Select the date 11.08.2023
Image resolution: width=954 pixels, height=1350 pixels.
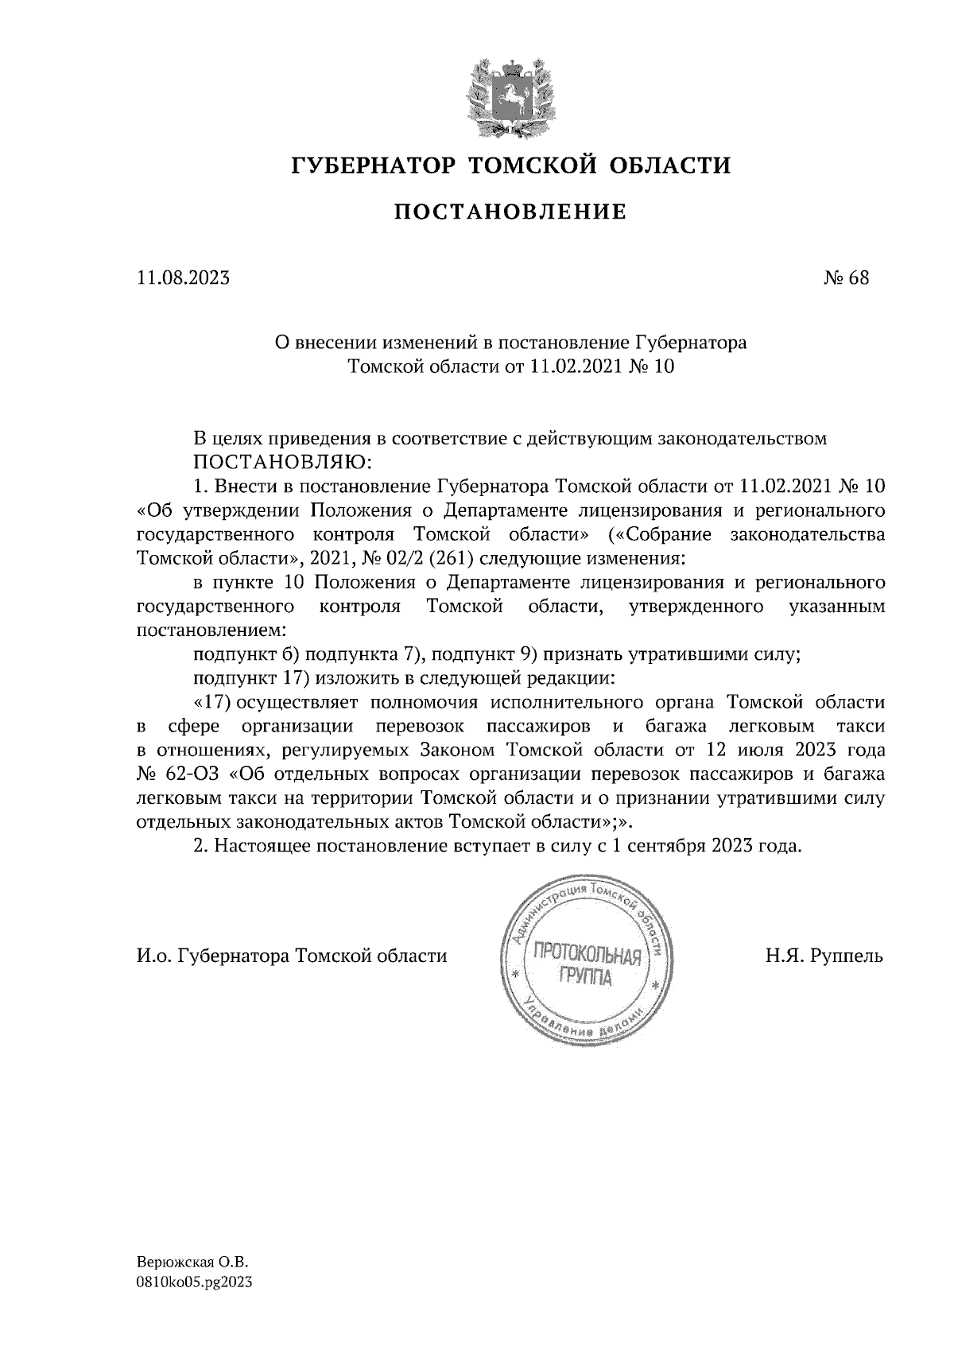[x=184, y=278]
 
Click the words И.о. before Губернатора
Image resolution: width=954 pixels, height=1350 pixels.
[x=154, y=956]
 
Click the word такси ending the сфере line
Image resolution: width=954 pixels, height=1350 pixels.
[x=862, y=727]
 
